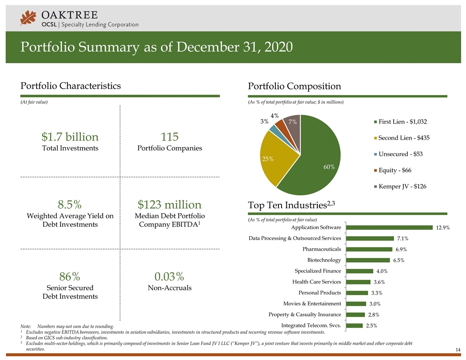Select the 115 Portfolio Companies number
coord(169,136)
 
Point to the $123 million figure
coord(169,205)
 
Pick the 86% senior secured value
coord(70,277)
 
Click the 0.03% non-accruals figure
coord(169,277)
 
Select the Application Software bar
coord(389,228)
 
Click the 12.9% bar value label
coord(443,228)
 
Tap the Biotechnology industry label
coord(324,260)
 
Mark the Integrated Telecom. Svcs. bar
coord(354,326)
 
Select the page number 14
coord(458,350)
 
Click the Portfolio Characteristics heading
coord(71,86)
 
